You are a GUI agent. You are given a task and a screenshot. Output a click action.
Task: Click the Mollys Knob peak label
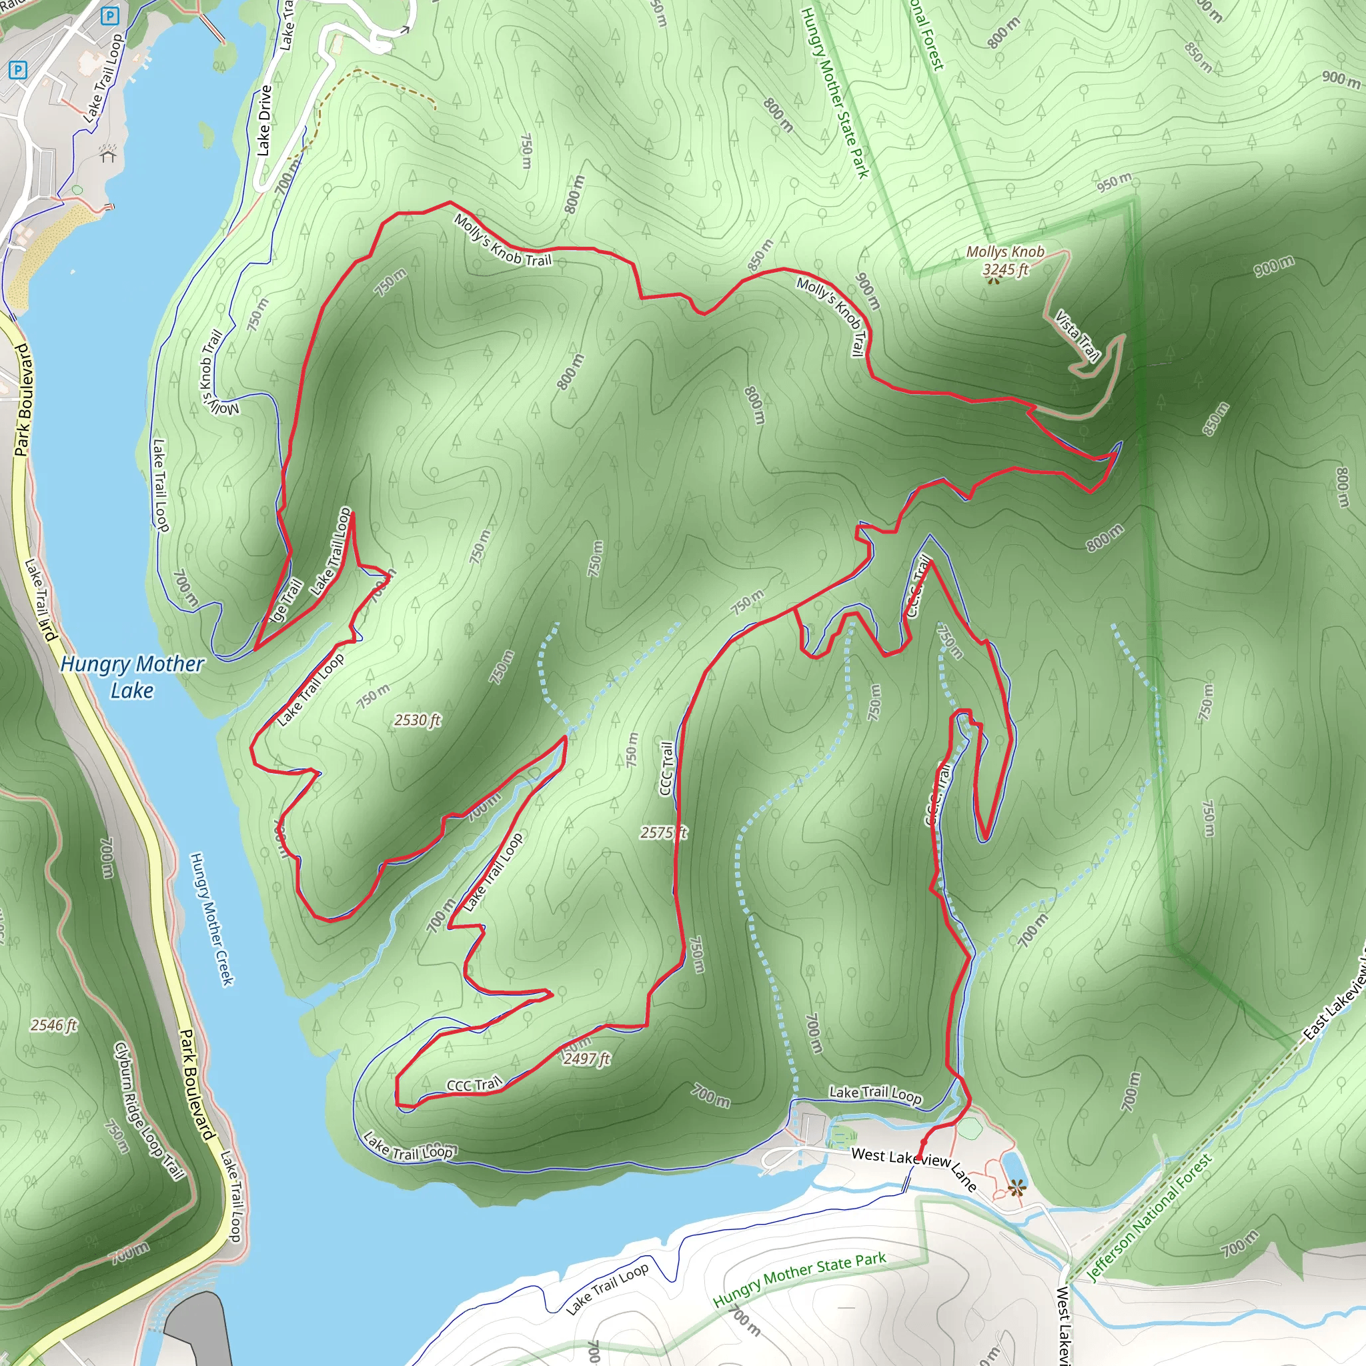coord(1004,251)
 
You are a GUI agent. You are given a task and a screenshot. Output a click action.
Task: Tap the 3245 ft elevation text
coord(1004,269)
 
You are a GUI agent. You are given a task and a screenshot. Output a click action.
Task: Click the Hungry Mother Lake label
coord(132,676)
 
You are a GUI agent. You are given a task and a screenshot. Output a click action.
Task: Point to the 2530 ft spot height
coord(417,720)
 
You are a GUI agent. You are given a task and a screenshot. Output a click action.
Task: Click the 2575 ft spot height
coord(662,832)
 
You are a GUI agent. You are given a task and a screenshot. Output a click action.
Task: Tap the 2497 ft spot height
coord(586,1059)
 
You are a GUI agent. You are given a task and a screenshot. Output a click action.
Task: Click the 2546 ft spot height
coord(54,1024)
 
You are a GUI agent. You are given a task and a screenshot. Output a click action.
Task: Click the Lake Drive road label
coord(263,120)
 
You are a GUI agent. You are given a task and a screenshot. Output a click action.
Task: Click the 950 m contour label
coord(1115,182)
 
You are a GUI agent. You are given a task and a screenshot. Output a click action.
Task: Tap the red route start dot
coord(923,1141)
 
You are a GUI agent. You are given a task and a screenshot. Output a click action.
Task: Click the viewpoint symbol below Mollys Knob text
coord(994,281)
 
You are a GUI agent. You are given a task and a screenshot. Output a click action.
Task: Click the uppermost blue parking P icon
coord(109,15)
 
